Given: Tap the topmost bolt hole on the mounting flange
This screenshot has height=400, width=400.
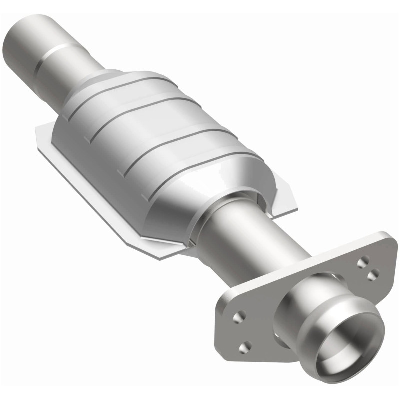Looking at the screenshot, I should click(x=363, y=260).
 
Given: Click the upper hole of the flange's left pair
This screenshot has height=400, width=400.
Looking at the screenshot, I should click(x=240, y=316).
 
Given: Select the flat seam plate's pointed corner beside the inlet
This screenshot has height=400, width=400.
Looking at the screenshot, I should click(x=37, y=131).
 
